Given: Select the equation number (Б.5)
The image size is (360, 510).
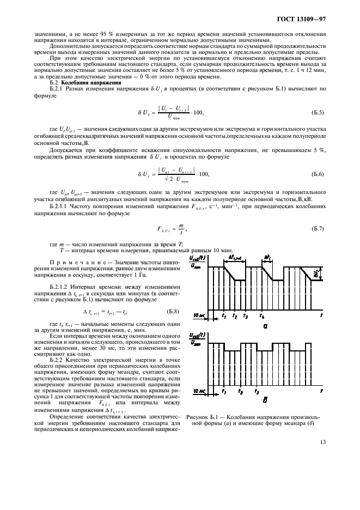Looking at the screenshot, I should (x=317, y=113).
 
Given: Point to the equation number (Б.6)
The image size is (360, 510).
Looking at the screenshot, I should (x=317, y=173).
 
